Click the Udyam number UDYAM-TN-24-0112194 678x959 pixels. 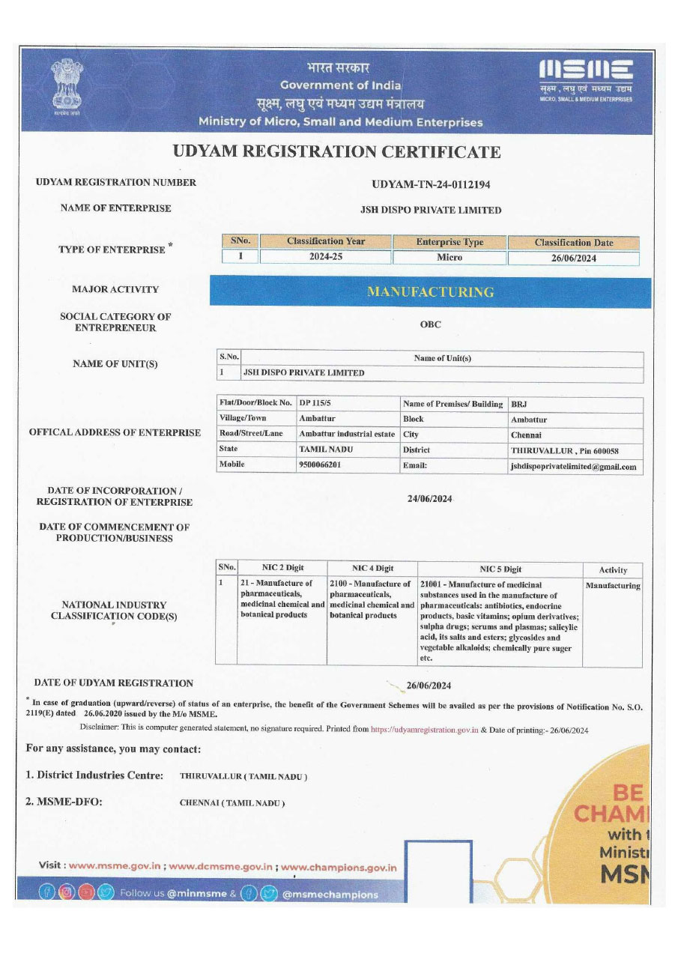[431, 184]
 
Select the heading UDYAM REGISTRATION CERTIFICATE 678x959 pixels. [337, 152]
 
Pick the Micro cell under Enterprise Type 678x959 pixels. [450, 258]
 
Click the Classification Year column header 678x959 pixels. [326, 241]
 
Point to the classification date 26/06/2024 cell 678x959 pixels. [573, 258]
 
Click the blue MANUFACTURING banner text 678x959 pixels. [430, 292]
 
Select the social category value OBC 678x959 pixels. [431, 324]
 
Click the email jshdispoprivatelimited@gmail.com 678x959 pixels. [573, 466]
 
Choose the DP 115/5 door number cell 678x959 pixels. [315, 403]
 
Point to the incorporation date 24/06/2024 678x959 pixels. [430, 499]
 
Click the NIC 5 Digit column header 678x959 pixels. [500, 569]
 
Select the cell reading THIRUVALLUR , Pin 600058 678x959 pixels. [565, 450]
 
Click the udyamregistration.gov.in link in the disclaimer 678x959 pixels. [425, 729]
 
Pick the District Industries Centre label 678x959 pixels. [94, 775]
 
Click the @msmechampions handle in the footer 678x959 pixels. [330, 894]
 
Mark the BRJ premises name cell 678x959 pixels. [519, 404]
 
